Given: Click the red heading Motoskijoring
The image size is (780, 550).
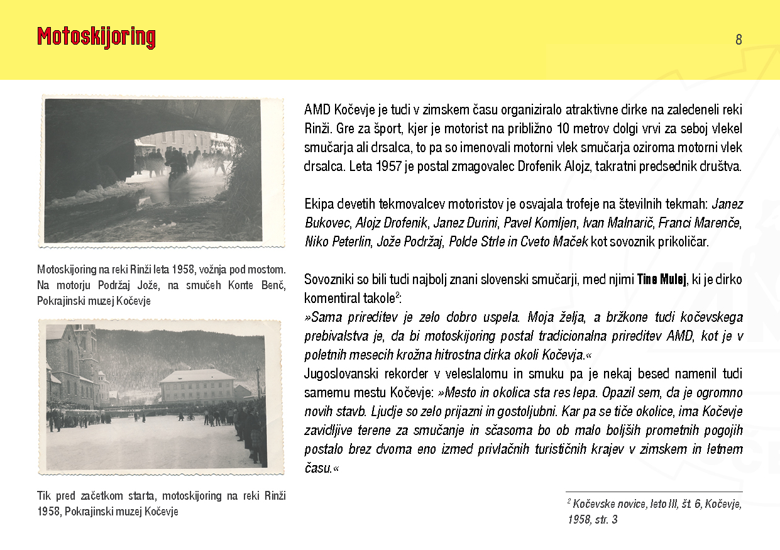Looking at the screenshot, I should point(96,38).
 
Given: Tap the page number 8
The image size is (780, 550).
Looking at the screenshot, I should point(739,40).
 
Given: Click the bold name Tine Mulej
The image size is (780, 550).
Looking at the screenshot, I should point(661,279).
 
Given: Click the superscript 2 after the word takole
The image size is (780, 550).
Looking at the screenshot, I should point(397,294).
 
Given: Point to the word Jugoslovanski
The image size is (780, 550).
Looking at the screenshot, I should point(342,374).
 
